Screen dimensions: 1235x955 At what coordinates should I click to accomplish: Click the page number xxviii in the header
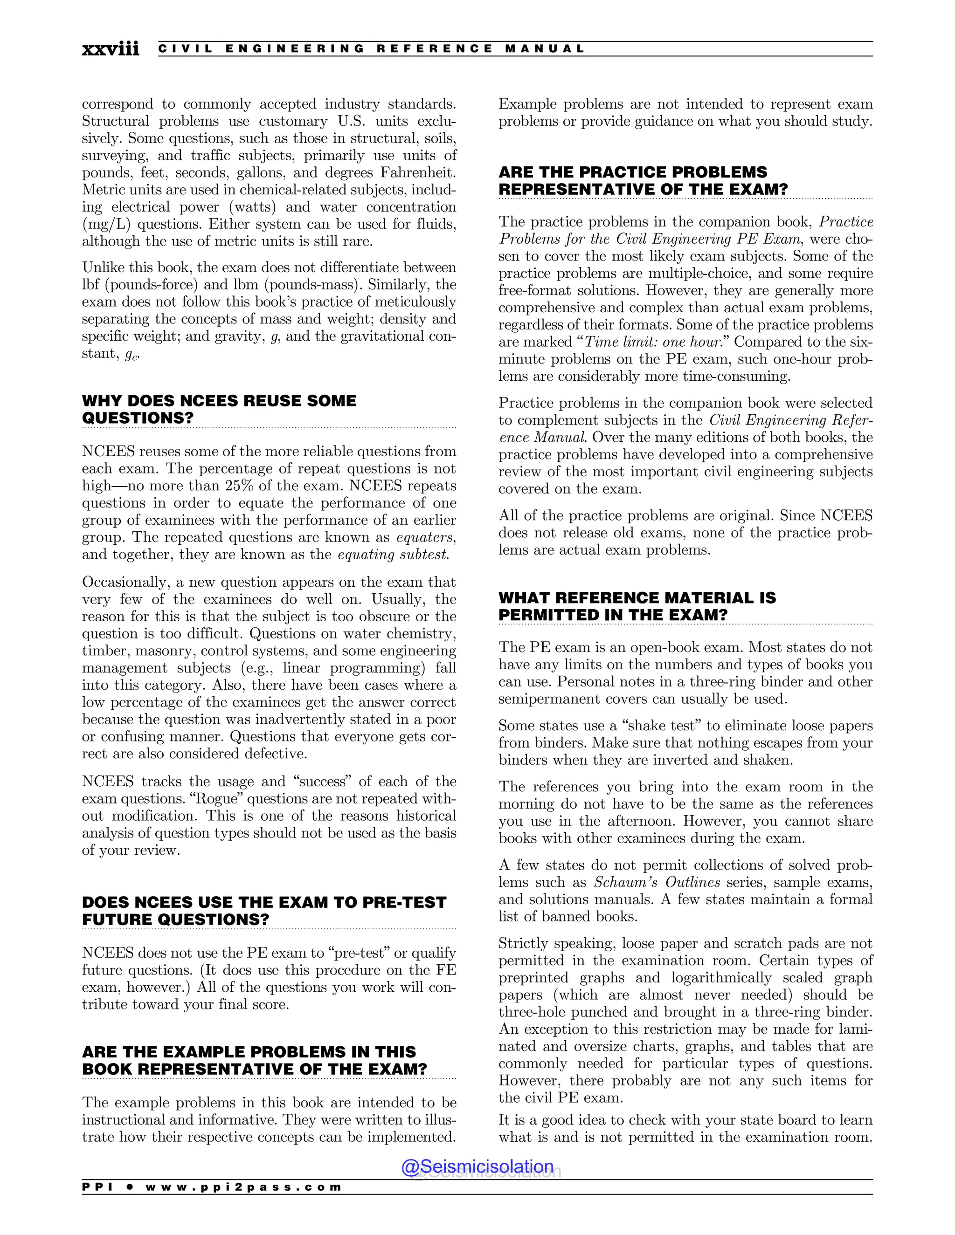click(x=111, y=49)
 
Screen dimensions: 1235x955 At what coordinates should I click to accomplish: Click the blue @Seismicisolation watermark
click(x=477, y=1166)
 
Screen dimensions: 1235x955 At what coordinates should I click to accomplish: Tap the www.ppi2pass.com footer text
click(x=243, y=1187)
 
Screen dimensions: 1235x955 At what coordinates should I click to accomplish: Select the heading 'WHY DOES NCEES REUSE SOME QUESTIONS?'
click(x=219, y=409)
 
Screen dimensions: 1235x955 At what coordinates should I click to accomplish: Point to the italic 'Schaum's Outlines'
click(x=657, y=883)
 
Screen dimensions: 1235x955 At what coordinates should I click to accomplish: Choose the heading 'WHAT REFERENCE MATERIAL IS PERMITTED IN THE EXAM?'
click(x=637, y=606)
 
